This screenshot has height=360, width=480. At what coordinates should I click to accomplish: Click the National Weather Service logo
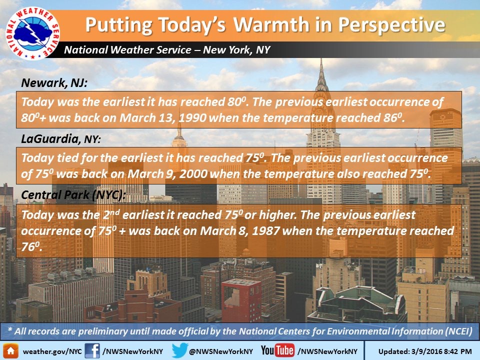pyautogui.click(x=33, y=33)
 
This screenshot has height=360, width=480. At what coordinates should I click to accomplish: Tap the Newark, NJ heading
pyautogui.click(x=54, y=83)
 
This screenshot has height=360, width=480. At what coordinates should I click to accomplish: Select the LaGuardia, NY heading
pyautogui.click(x=61, y=139)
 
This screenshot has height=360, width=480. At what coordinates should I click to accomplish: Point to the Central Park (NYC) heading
pyautogui.click(x=73, y=195)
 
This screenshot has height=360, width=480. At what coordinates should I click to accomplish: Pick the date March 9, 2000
pyautogui.click(x=168, y=174)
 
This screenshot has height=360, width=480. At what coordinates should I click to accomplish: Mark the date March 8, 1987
pyautogui.click(x=239, y=231)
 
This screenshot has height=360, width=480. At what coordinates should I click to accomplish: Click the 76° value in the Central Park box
pyautogui.click(x=31, y=246)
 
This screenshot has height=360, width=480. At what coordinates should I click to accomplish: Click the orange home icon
pyautogui.click(x=10, y=351)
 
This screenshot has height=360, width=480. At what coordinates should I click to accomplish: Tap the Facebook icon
pyautogui.click(x=92, y=351)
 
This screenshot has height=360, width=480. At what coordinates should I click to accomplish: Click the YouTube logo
pyautogui.click(x=277, y=350)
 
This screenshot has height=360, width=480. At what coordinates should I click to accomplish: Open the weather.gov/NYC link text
pyautogui.click(x=52, y=351)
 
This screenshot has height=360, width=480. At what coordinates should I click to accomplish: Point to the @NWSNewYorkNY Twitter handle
pyautogui.click(x=221, y=351)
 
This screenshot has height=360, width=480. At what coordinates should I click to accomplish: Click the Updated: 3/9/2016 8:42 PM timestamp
pyautogui.click(x=425, y=351)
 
